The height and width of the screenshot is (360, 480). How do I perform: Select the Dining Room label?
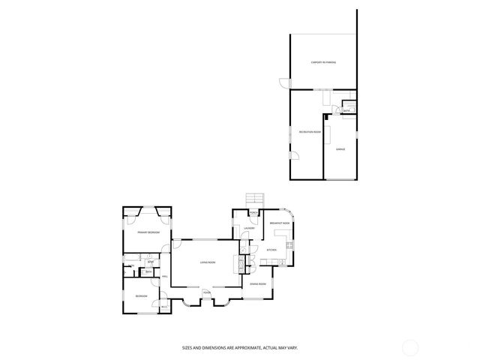[259, 284]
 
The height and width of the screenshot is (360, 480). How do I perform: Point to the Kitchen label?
[271, 250]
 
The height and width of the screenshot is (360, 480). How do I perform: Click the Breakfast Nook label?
[280, 223]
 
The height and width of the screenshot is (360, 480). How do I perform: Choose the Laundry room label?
[249, 228]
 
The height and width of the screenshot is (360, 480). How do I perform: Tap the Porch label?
[253, 213]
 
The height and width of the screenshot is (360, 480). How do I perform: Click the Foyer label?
[206, 292]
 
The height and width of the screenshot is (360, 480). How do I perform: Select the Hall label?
[165, 277]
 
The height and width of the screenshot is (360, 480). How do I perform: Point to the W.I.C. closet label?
[164, 306]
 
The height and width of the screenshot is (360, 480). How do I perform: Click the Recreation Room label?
[307, 132]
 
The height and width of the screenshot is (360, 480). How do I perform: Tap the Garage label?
[340, 150]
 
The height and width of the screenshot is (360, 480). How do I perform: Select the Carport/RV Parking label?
[323, 61]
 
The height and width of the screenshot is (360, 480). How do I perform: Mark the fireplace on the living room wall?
[241, 263]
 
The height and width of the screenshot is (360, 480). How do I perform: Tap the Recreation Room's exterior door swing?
[295, 155]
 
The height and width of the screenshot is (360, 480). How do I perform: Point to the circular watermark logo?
[411, 346]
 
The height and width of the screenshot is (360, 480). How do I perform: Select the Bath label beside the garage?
[347, 111]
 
